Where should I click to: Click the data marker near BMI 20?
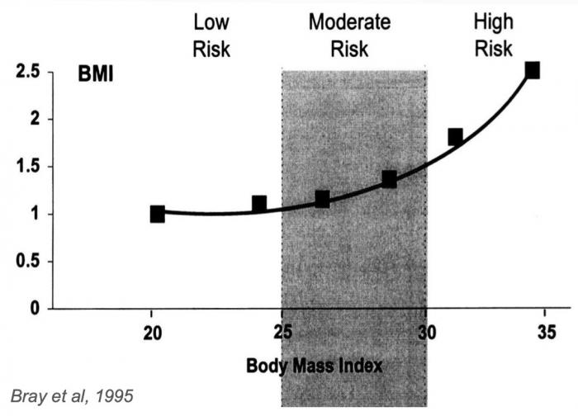pyautogui.click(x=157, y=214)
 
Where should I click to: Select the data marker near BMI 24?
pyautogui.click(x=258, y=204)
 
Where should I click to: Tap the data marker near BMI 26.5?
pyautogui.click(x=322, y=199)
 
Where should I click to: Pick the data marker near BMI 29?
pyautogui.click(x=389, y=179)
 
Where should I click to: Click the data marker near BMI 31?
pyautogui.click(x=455, y=136)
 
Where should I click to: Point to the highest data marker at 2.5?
pyautogui.click(x=533, y=71)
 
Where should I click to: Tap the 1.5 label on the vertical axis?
pyautogui.click(x=29, y=168)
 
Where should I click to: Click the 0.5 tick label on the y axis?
pyautogui.click(x=29, y=262)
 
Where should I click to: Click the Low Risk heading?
pyautogui.click(x=211, y=35)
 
